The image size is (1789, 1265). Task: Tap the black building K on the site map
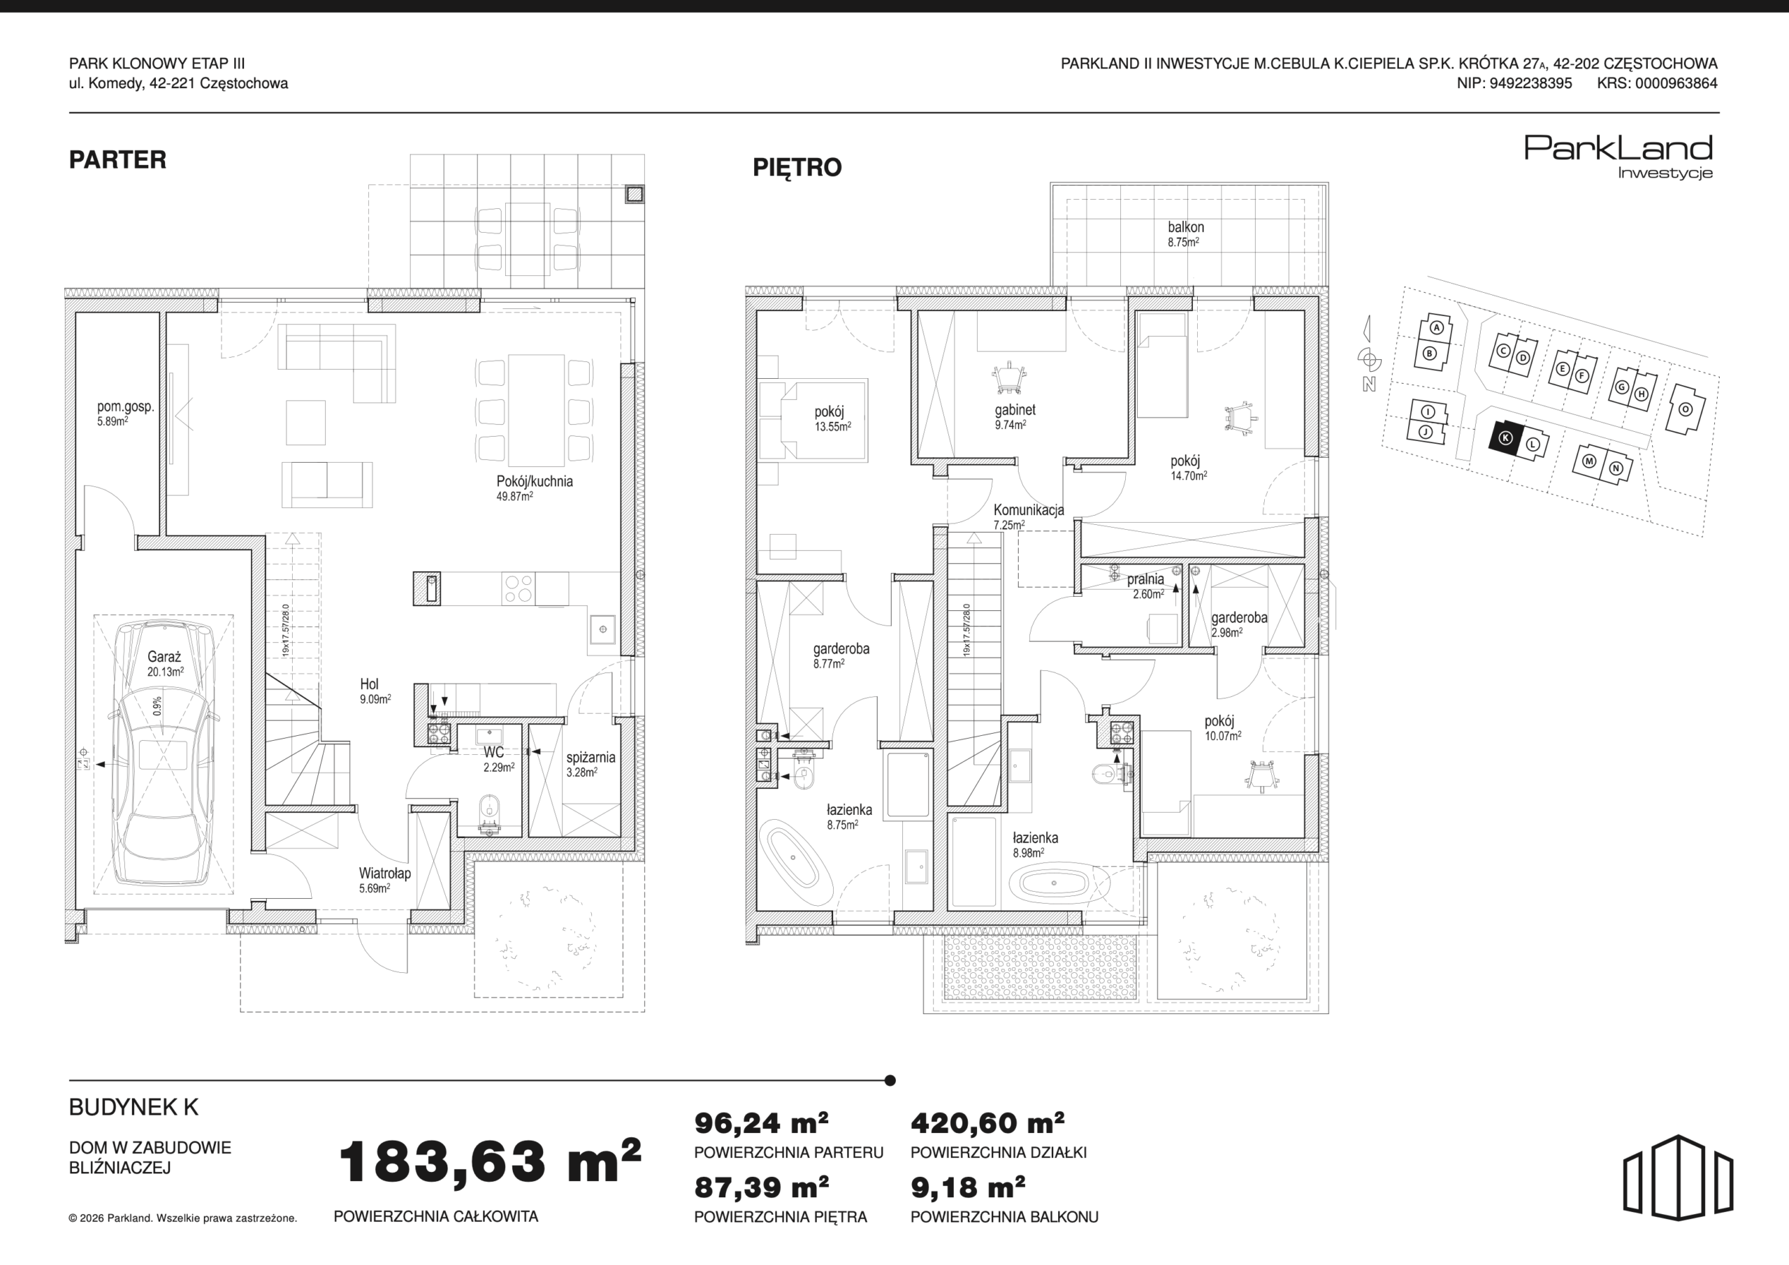[1505, 438]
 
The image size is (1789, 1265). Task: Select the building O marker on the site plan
[1686, 409]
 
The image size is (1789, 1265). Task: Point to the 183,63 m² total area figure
[489, 1162]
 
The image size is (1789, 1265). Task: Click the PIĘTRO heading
[797, 168]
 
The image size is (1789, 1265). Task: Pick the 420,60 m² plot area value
[987, 1122]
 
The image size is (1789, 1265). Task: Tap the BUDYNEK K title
[133, 1107]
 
